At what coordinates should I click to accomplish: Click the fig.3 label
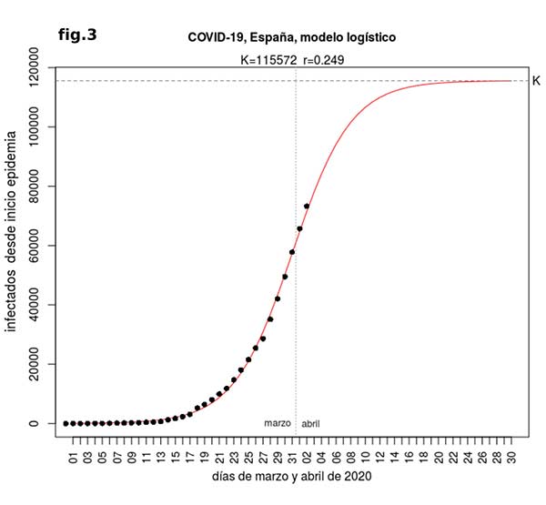coord(76,35)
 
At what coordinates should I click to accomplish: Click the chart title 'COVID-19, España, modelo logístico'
coord(291,37)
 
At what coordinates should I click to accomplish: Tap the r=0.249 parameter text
coord(322,60)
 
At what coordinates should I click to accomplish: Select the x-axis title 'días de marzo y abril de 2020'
coord(292,476)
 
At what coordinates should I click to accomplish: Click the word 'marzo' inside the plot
coord(278,423)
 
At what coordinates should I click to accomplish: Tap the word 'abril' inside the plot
coord(310,424)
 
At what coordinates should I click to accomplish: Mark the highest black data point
coord(307,207)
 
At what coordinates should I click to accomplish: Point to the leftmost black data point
coord(66,423)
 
